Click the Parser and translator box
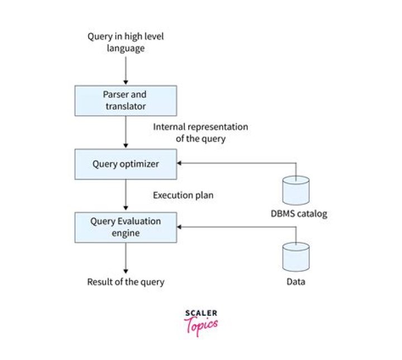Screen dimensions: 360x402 [x=125, y=100]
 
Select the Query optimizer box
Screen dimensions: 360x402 [x=125, y=164]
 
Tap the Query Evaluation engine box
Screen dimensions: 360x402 [x=125, y=226]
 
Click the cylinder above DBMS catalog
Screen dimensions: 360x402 [x=295, y=191]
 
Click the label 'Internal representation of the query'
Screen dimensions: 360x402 [x=200, y=132]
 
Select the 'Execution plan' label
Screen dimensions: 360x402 [x=183, y=196]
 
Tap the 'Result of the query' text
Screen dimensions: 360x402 [x=126, y=282]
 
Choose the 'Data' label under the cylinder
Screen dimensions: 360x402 [x=296, y=282]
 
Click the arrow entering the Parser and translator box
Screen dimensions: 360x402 [x=125, y=70]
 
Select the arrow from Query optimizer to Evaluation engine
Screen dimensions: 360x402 [x=125, y=196]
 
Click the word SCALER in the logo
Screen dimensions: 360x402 [x=201, y=314]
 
